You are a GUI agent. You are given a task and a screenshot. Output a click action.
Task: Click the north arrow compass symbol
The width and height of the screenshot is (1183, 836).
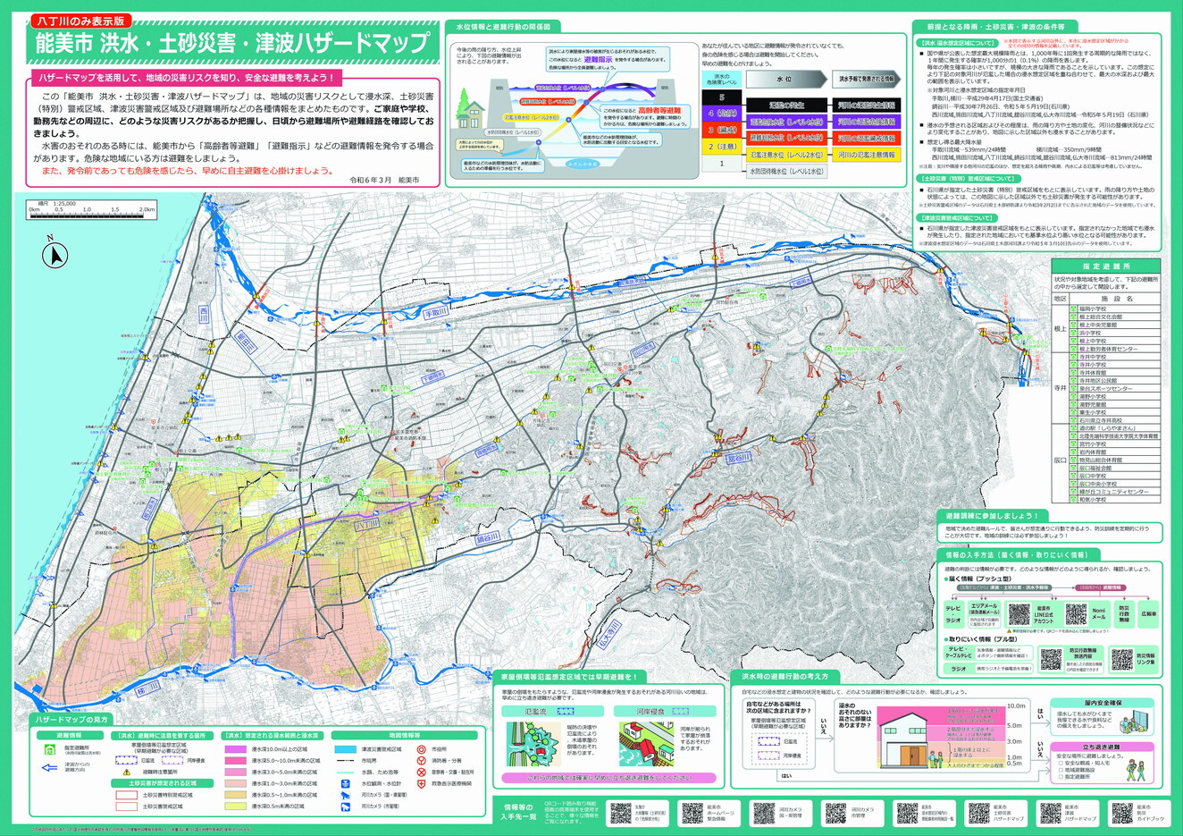[x=55, y=256]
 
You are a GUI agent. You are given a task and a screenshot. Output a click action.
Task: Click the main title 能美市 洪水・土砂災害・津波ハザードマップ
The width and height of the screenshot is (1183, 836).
[x=231, y=42]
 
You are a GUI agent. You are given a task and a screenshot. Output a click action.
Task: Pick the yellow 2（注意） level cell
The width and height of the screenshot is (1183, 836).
[x=722, y=147]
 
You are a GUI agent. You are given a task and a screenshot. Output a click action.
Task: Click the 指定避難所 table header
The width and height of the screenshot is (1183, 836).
[x=1106, y=266]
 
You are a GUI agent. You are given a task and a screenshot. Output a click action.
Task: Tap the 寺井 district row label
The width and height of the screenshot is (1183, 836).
[x=1060, y=388]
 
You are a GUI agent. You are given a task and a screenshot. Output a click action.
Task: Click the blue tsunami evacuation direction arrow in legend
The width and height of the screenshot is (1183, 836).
[x=49, y=765]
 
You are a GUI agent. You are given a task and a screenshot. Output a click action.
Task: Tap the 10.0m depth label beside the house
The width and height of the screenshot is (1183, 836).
[x=1015, y=705]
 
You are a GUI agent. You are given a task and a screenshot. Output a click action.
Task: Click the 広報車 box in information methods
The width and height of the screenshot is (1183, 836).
[x=1148, y=614]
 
